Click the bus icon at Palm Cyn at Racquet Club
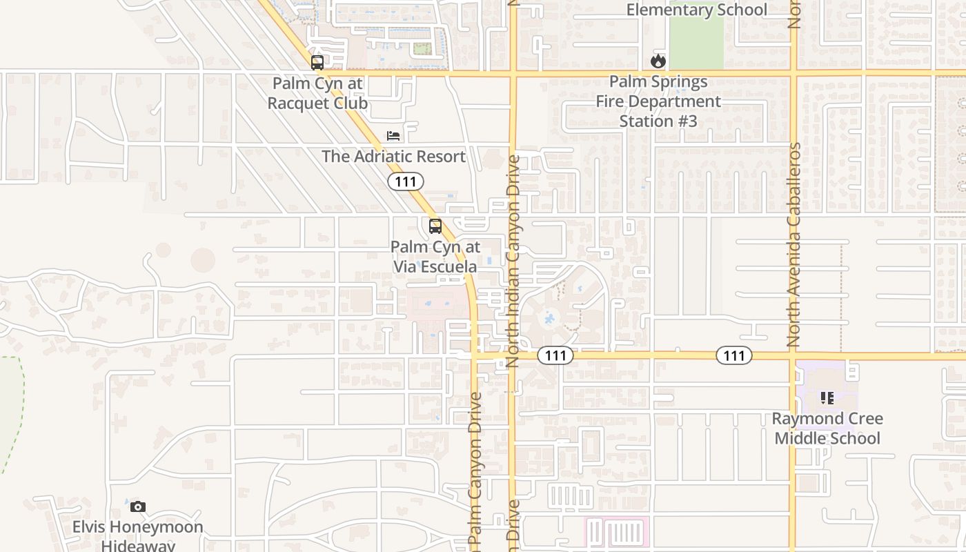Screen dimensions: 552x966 click(x=317, y=63)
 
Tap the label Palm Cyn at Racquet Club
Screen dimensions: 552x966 click(x=317, y=93)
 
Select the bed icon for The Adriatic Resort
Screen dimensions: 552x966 click(x=393, y=136)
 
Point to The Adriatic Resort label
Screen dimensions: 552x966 click(x=393, y=157)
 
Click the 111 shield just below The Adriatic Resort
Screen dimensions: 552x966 click(x=406, y=181)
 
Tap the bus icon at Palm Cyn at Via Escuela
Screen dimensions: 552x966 click(x=435, y=226)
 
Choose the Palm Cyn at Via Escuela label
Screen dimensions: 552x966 click(x=435, y=257)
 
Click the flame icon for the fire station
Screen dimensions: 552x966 click(x=658, y=61)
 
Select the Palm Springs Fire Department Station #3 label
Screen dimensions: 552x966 click(x=658, y=101)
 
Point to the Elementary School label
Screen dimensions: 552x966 click(x=696, y=10)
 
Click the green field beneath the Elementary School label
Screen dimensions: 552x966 click(x=696, y=41)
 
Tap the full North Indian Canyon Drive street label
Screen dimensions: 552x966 click(x=513, y=261)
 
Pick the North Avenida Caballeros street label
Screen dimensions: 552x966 click(x=794, y=244)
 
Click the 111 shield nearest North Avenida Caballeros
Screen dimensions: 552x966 click(x=733, y=355)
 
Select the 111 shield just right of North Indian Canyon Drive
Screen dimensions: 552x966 click(x=555, y=355)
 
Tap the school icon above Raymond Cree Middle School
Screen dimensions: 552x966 click(x=827, y=398)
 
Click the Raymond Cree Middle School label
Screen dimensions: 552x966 click(x=827, y=428)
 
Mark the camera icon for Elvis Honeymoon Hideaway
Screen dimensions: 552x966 click(x=138, y=507)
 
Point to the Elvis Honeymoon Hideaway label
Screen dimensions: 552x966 click(x=138, y=536)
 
